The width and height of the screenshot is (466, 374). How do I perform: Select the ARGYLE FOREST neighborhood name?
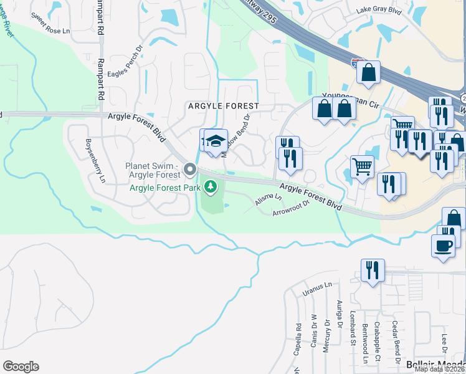tap(223, 107)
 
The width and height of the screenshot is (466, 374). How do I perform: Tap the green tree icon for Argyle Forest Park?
tap(211, 186)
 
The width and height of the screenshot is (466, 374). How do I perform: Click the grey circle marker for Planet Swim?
tap(191, 170)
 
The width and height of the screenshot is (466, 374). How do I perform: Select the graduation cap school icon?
tap(216, 141)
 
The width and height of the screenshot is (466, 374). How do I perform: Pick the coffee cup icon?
tap(443, 245)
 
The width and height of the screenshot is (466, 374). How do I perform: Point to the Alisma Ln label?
tap(269, 201)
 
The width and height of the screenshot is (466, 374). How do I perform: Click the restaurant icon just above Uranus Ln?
tap(373, 271)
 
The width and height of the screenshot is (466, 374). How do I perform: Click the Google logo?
tap(21, 367)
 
